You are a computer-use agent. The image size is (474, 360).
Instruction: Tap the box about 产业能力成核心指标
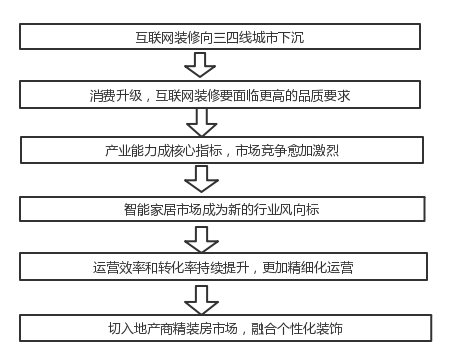pyautogui.click(x=227, y=152)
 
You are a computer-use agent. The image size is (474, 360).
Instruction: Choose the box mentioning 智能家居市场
pyautogui.click(x=227, y=211)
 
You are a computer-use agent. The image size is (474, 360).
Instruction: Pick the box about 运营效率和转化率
pyautogui.click(x=227, y=269)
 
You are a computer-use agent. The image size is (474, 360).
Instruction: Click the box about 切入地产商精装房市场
pyautogui.click(x=227, y=327)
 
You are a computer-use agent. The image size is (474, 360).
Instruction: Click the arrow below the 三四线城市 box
pyautogui.click(x=202, y=65)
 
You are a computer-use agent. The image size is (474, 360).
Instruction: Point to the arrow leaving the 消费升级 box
pyautogui.click(x=202, y=124)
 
